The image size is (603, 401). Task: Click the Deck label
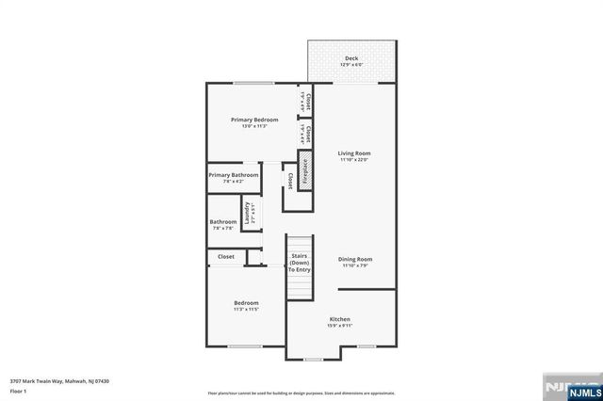click(x=350, y=58)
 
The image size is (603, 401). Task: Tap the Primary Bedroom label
click(x=253, y=120)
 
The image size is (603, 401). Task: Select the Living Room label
click(x=354, y=152)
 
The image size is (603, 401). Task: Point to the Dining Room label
click(x=356, y=259)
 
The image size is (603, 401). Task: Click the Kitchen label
click(x=339, y=320)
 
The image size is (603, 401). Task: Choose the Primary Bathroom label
click(x=233, y=174)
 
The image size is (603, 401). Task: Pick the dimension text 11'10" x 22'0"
click(x=354, y=159)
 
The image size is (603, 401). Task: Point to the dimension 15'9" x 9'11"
click(x=339, y=327)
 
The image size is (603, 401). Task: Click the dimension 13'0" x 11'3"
click(x=253, y=127)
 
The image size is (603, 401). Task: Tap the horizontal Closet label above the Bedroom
click(x=226, y=256)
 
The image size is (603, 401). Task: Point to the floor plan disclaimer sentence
click(x=301, y=392)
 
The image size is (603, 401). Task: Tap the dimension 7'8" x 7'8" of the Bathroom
click(x=223, y=228)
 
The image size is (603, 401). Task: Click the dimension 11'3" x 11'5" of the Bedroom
click(x=246, y=309)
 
